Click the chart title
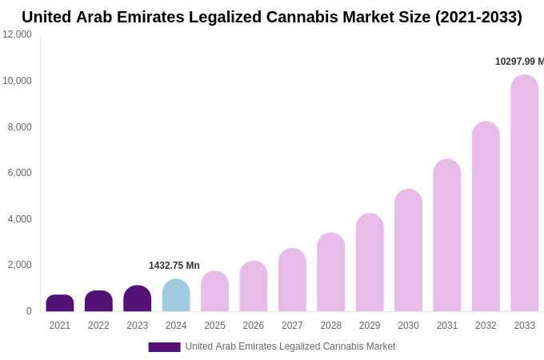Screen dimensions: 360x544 272,17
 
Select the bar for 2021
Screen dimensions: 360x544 60,303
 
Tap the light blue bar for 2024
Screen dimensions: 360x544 176,295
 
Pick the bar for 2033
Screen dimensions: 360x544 525,193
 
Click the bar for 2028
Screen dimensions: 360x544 331,272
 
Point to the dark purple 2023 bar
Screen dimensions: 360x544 138,298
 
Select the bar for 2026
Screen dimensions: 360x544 254,286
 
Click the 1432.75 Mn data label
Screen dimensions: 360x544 174,266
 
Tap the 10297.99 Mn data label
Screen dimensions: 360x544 519,62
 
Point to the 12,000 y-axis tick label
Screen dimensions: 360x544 17,34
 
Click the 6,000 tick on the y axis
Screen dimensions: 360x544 20,173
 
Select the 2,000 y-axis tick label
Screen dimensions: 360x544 20,265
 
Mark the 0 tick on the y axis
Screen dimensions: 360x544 29,311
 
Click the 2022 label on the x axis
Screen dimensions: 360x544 98,326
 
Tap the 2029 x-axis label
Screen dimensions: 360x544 370,326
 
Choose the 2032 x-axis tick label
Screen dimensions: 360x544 486,326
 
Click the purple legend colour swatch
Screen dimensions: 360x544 164,346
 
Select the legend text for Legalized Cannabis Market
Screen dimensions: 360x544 290,346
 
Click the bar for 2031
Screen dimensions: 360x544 447,235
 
